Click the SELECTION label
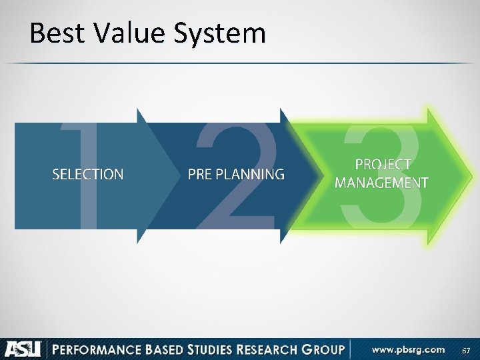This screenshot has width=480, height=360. [x=87, y=175]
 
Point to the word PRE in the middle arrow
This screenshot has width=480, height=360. [x=201, y=175]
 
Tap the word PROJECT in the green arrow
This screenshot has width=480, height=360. [x=383, y=165]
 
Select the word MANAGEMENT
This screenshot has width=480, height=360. [x=381, y=182]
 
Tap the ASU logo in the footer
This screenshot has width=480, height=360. [x=24, y=349]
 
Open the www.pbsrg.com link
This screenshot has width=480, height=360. [x=408, y=349]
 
